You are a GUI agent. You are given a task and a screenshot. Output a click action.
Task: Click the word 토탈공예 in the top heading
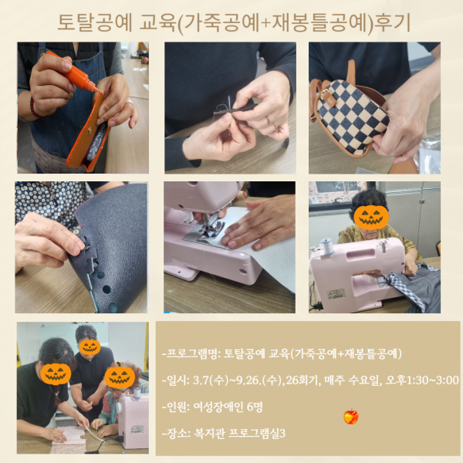[x=92, y=22]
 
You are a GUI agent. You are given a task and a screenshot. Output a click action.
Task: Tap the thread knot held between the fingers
[x=225, y=108]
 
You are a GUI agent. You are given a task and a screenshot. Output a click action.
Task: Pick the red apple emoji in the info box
[x=351, y=417]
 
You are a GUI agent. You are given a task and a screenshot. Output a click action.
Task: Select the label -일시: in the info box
[x=175, y=380]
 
